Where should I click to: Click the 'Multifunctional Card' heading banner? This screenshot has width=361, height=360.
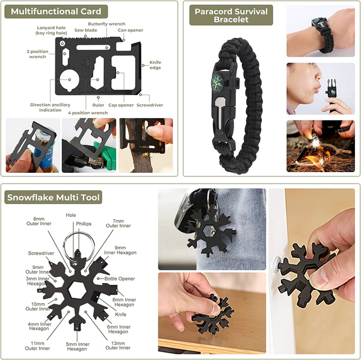pyautogui.click(x=56, y=11)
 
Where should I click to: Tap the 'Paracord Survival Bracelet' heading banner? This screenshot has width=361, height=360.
pyautogui.click(x=231, y=15)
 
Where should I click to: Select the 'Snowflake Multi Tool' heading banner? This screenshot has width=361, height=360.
pyautogui.click(x=53, y=197)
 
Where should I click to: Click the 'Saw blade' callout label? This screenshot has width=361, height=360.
pyautogui.click(x=85, y=30)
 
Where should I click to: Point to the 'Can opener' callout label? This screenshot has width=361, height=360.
pyautogui.click(x=131, y=30)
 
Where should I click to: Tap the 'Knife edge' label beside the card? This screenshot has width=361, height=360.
pyautogui.click(x=155, y=65)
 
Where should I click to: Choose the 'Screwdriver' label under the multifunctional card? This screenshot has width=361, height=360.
pyautogui.click(x=150, y=105)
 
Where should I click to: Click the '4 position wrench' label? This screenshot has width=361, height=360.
pyautogui.click(x=88, y=113)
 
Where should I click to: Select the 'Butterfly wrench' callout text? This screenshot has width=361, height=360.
pyautogui.click(x=106, y=24)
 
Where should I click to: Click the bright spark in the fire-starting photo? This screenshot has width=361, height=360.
pyautogui.click(x=315, y=143)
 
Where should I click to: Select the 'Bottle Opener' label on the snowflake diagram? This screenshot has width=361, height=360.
pyautogui.click(x=120, y=279)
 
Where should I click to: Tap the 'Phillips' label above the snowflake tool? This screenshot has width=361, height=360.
pyautogui.click(x=84, y=224)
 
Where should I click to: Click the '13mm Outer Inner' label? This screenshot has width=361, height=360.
pyautogui.click(x=118, y=346)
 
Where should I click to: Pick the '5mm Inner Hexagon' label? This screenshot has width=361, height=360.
pyautogui.click(x=78, y=347)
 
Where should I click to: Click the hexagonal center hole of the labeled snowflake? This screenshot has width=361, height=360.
pyautogui.click(x=78, y=290)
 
